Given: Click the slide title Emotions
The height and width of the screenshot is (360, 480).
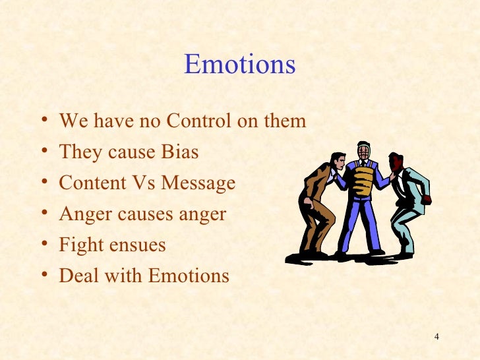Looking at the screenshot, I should [239, 65].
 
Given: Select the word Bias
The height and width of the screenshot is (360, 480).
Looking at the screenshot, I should [179, 152].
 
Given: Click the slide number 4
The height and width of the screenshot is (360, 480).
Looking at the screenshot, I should [436, 338].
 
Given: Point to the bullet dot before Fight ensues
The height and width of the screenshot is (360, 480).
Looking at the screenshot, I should [44, 246].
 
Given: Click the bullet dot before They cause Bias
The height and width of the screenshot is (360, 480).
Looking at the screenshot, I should [44, 153].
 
